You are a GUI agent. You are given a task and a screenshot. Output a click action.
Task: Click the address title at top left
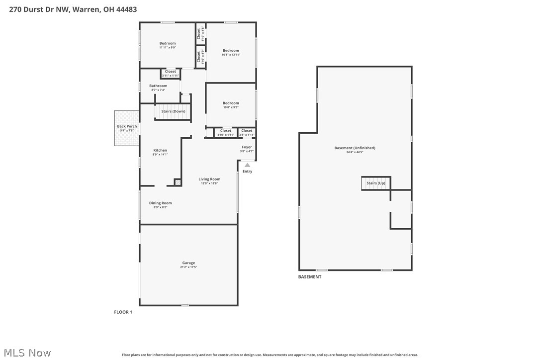(73, 9)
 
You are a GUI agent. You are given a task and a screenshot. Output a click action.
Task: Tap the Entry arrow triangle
(247, 165)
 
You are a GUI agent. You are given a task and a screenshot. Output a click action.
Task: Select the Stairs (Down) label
(173, 111)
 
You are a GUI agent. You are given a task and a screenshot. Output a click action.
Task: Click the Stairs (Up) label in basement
(376, 183)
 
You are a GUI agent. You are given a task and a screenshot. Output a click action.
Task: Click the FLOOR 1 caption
(123, 312)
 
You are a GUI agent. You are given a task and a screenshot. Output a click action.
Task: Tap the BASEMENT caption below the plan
(310, 277)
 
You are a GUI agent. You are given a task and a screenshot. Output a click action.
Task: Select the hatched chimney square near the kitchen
(178, 182)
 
